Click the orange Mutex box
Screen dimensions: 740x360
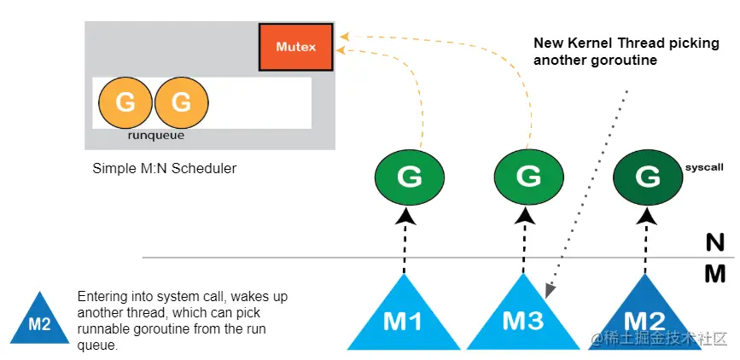coord(296,47)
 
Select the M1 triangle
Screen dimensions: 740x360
coord(404,321)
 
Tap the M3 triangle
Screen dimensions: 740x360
coord(523,321)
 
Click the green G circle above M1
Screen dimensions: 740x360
coord(409,177)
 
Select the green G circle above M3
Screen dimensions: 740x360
coord(528,177)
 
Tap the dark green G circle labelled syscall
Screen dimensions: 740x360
coord(647,177)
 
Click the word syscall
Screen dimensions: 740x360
coord(704,167)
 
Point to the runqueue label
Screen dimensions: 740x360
coord(155,136)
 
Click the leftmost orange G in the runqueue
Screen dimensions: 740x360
coord(125,102)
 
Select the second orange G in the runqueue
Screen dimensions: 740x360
coord(181,102)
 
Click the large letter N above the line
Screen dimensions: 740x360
coord(715,243)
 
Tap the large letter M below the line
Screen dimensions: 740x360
coord(715,274)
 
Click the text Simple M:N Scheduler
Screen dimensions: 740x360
coord(164,168)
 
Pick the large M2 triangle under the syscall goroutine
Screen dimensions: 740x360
coord(644,321)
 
